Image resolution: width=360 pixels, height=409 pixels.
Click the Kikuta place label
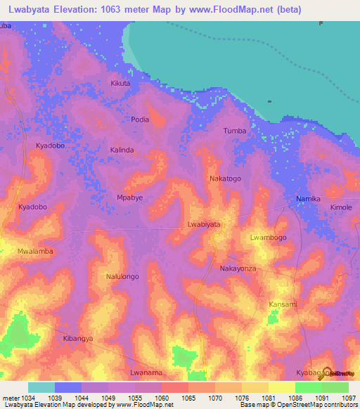click(120, 84)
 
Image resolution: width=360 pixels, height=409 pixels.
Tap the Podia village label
click(141, 119)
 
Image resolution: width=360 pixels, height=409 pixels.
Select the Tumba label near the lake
click(234, 131)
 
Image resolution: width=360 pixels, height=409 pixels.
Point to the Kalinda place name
click(122, 150)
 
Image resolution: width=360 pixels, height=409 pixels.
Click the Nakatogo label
click(225, 179)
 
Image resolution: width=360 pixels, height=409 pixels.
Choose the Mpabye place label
click(129, 198)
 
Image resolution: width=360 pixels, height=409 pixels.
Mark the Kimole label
click(341, 208)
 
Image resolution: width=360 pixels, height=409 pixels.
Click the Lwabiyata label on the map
click(204, 224)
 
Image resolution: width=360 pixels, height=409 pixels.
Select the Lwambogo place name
click(268, 238)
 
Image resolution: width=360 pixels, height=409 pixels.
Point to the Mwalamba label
click(36, 251)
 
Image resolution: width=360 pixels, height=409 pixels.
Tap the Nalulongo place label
click(122, 277)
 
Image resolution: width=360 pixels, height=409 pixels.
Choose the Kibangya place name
click(78, 339)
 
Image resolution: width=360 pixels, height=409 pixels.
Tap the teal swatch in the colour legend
click(41, 387)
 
